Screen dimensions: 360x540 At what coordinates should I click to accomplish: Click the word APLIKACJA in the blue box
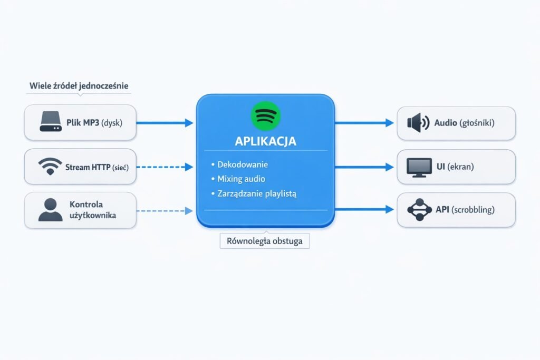click(266, 141)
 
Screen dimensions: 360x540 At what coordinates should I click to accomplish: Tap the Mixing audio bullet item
click(241, 179)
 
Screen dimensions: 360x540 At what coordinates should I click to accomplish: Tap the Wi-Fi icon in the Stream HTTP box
click(50, 167)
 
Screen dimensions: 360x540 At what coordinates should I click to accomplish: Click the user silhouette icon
click(50, 210)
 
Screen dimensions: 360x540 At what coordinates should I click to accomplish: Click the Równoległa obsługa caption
click(265, 241)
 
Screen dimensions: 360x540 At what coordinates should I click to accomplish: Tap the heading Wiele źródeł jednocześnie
click(79, 85)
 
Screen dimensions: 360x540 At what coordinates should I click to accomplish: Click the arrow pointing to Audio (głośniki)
click(364, 123)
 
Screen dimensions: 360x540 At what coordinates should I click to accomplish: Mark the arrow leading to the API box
click(364, 210)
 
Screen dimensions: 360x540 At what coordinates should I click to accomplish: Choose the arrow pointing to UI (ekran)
click(364, 167)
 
